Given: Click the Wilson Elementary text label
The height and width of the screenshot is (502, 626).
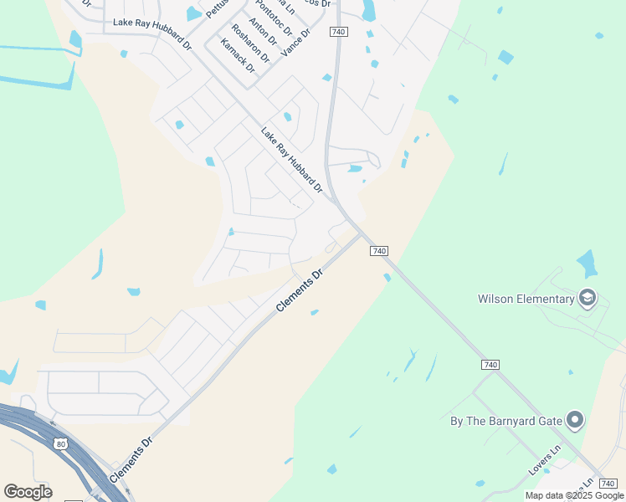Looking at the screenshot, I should pyautogui.click(x=526, y=299).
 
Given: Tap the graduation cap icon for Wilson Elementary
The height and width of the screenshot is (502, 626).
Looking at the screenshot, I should pyautogui.click(x=588, y=298).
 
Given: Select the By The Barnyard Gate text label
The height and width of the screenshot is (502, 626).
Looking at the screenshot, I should pyautogui.click(x=504, y=420).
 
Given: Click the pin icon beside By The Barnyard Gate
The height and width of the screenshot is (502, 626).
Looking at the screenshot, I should pyautogui.click(x=574, y=420).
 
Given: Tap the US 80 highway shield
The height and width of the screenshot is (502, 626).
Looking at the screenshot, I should pyautogui.click(x=58, y=443).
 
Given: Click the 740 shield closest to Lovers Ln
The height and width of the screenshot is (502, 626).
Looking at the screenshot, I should pyautogui.click(x=490, y=365).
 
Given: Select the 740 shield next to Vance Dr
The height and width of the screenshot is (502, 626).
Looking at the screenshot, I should pyautogui.click(x=338, y=32).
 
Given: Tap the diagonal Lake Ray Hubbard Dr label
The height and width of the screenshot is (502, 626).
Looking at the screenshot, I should pyautogui.click(x=291, y=160).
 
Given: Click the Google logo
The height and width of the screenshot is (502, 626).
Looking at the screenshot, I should pyautogui.click(x=28, y=492).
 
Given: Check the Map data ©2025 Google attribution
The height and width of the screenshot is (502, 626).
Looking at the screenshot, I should pyautogui.click(x=573, y=495).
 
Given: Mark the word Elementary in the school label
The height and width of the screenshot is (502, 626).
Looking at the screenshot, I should pyautogui.click(x=543, y=299).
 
